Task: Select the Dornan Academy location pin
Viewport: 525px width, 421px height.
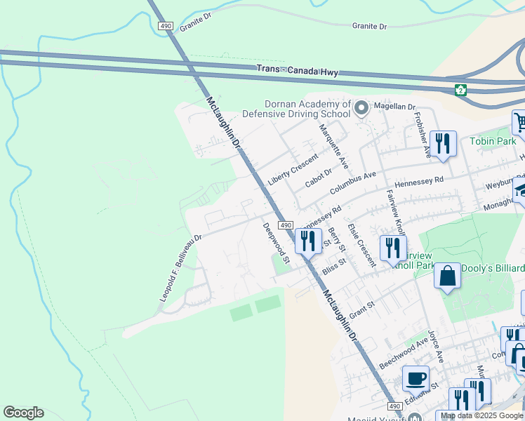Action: coord(361,108)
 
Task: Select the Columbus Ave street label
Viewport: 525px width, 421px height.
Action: coord(353,182)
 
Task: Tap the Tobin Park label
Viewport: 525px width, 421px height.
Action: coord(493,141)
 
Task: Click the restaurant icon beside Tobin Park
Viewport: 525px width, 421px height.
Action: coord(443,144)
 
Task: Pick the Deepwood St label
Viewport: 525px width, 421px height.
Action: coord(277,242)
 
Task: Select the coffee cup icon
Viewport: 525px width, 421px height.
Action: coord(415,379)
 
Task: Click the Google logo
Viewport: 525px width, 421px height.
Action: coord(23,413)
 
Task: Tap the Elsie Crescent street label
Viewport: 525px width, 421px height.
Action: coord(361,246)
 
